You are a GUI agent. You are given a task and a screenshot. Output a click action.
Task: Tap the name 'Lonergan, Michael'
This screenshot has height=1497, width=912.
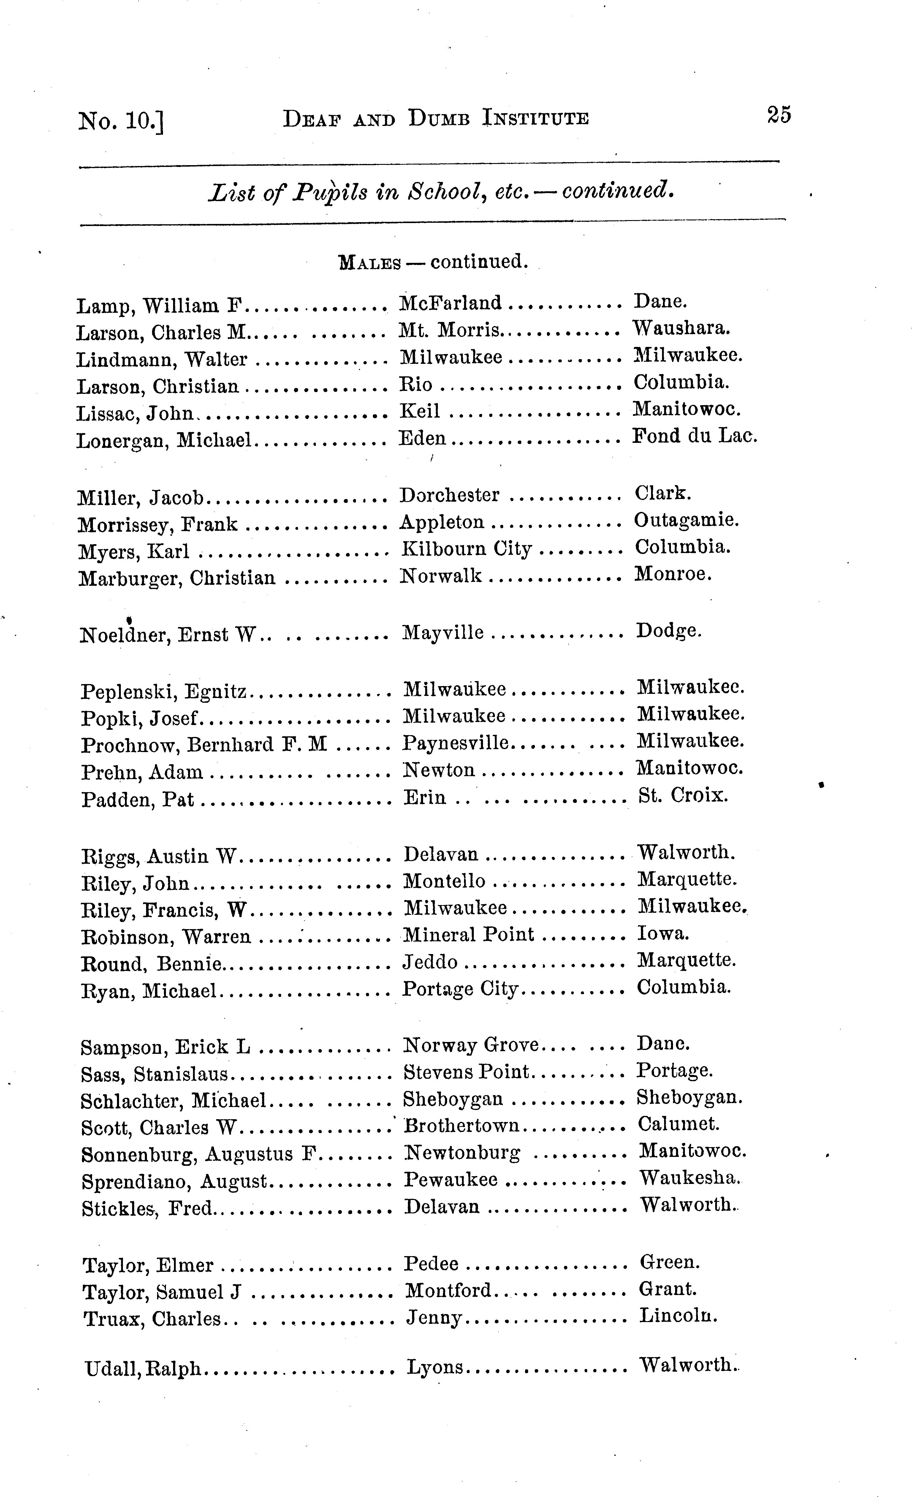coord(164,440)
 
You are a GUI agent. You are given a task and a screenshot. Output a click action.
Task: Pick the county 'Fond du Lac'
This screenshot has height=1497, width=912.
coord(695,436)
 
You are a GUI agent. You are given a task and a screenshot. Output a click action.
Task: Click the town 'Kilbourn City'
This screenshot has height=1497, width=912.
coord(466,549)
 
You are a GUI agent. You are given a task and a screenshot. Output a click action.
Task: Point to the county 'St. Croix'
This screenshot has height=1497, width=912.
coord(683,795)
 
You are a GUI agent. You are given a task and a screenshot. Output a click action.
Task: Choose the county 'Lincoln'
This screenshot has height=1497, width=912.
coord(678,1316)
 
